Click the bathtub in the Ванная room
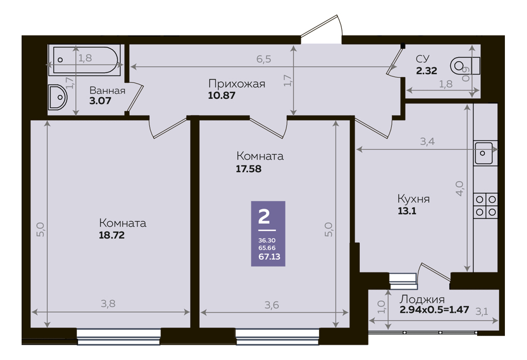tap(85, 60)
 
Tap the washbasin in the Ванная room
tap(58, 97)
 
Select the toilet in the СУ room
tap(465, 66)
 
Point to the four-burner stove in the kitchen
tap(486, 206)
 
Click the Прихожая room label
tap(237, 84)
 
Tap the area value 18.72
tap(112, 235)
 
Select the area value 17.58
tap(249, 169)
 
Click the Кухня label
tap(413, 199)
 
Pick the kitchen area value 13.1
tap(407, 211)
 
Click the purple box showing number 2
tap(268, 233)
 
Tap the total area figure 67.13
tap(269, 257)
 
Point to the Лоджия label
tap(422, 299)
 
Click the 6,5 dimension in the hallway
tap(263, 59)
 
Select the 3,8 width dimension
tap(108, 303)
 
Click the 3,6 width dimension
tap(272, 305)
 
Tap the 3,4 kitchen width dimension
tap(428, 141)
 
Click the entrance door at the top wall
tap(321, 29)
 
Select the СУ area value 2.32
tap(427, 71)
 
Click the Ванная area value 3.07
tap(100, 101)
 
